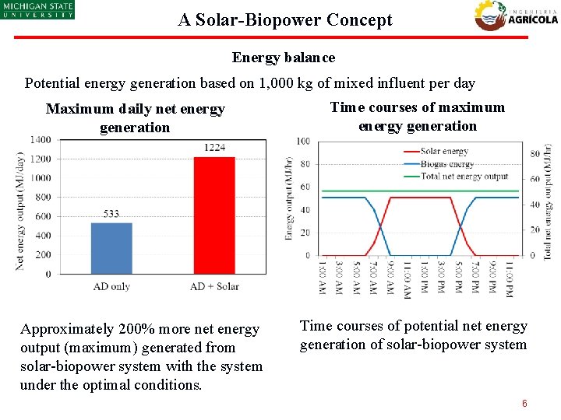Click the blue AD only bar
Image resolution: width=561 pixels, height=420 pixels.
(x=111, y=248)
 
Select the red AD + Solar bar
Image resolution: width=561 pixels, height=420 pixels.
(x=213, y=215)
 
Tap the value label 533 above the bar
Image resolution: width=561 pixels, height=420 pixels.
(x=111, y=213)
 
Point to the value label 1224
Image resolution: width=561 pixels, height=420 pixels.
(x=214, y=148)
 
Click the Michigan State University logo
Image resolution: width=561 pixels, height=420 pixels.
(x=37, y=10)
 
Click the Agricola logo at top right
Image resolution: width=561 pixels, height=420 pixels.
(x=516, y=15)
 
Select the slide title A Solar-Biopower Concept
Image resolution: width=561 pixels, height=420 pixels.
(x=285, y=20)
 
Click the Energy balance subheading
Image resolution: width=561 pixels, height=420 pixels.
(x=284, y=58)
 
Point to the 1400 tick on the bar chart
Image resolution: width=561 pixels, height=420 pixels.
(x=41, y=140)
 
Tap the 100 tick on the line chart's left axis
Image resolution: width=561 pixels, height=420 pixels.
(x=303, y=141)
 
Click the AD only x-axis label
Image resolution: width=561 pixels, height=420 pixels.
(x=111, y=286)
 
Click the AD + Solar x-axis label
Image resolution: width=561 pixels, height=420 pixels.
(x=214, y=286)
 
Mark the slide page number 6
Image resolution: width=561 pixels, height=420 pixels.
(x=524, y=404)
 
